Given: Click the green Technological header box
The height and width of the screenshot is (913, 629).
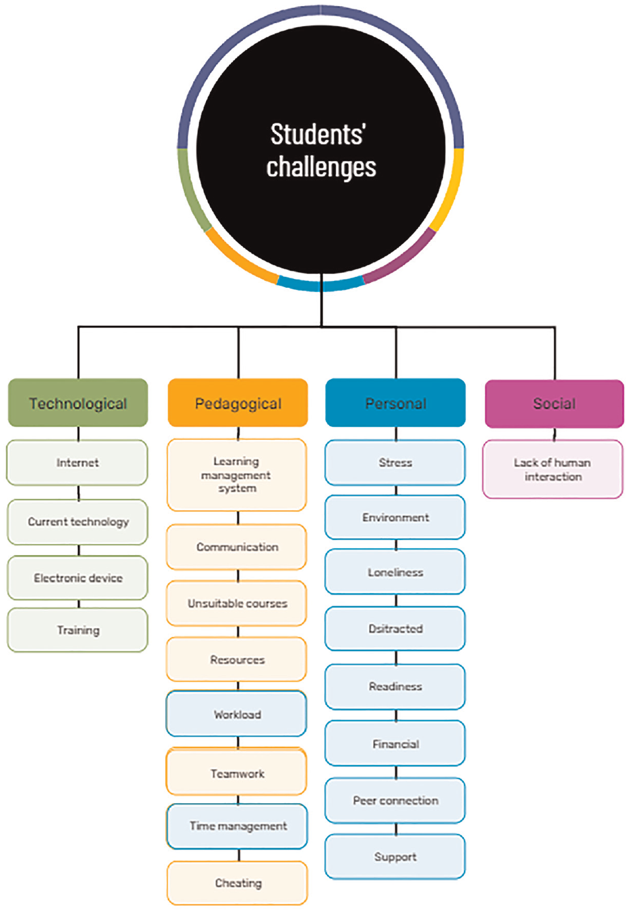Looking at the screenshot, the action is coord(78,403).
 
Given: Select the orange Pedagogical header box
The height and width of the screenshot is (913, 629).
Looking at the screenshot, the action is coord(238,403).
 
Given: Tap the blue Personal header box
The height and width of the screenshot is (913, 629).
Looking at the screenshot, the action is coord(395,403).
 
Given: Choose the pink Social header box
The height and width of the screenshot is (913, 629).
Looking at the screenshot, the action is coord(555,404).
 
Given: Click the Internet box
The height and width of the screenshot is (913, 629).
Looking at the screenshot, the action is coord(77,462).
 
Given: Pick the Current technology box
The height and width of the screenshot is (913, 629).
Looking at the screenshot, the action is coord(78,522).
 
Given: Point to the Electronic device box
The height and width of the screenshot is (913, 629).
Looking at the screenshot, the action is coord(78,578).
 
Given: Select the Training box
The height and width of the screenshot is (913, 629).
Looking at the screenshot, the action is coord(78,630).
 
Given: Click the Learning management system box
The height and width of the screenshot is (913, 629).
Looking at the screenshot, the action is coord(237,475).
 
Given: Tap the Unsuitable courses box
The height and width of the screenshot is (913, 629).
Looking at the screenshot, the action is coord(237,603).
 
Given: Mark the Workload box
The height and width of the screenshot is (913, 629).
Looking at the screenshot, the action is coord(237,714).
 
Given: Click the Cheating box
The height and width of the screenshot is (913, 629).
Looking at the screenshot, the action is coord(237,883).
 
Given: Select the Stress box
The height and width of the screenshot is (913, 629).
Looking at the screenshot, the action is coord(395,462).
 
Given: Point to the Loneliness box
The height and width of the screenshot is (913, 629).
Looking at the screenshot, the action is coord(395,572).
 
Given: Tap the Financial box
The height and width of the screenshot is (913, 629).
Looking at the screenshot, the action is coord(395,743).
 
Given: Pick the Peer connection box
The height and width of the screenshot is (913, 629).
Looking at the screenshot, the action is coord(395,800).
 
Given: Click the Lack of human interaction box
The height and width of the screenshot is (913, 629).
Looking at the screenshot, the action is coord(553,468).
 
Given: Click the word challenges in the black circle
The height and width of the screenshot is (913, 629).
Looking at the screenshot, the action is coord(321,168).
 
